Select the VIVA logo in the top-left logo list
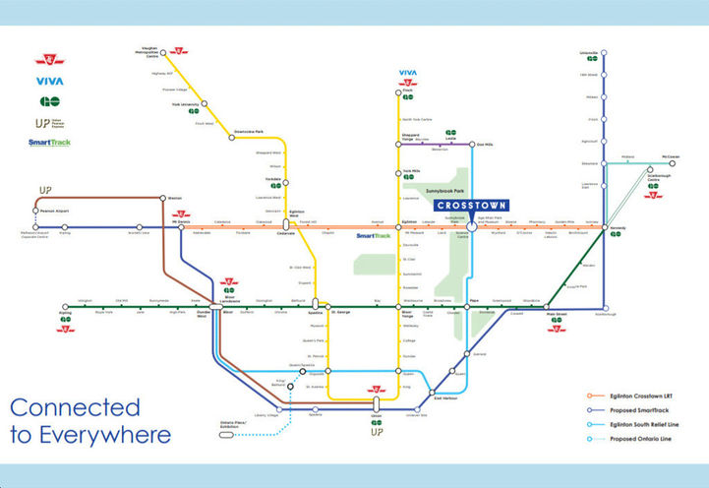(49, 81)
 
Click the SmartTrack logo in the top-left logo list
(49, 143)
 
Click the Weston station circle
(160, 198)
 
